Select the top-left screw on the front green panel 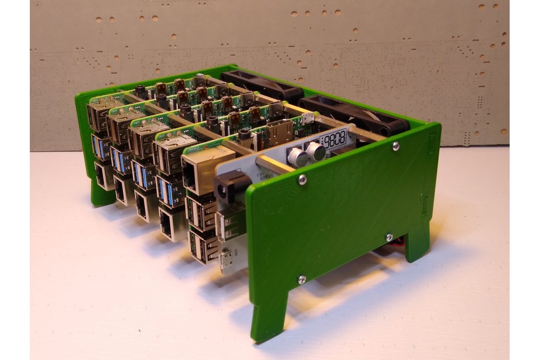tap(302, 179)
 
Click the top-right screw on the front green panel tap(396, 147)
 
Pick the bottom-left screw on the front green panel tap(301, 279)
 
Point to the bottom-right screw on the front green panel tap(389, 238)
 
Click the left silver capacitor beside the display tap(297, 156)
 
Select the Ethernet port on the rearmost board tap(103, 175)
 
